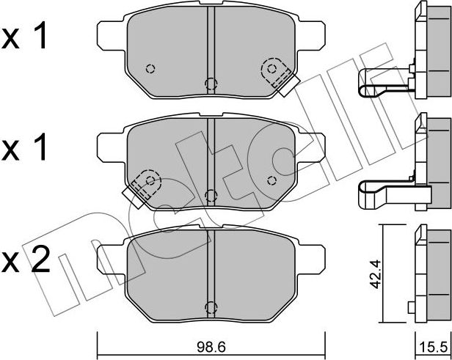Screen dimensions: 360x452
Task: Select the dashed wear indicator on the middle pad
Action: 145,184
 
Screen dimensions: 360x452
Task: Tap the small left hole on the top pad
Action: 150,69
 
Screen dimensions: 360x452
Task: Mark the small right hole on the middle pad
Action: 271,180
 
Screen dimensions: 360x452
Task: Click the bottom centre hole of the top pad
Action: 211,82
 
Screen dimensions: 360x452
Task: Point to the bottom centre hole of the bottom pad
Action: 211,307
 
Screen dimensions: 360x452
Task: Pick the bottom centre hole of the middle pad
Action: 211,194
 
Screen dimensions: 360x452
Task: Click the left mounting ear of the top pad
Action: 110,32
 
